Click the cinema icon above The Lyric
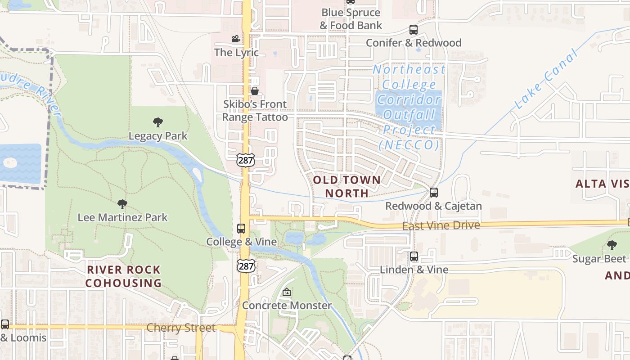coord(236,39)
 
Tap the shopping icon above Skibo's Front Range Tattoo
coord(255,91)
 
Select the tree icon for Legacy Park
coord(157,122)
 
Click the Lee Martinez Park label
coord(122,217)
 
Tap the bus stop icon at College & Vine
coord(241,229)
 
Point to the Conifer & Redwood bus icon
coord(414,30)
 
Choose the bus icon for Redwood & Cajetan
coord(434,193)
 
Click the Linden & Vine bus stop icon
coord(414,256)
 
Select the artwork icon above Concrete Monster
coord(287,292)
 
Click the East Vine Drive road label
coord(441,225)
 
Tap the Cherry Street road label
coord(181,328)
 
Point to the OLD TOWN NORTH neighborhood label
coord(346,186)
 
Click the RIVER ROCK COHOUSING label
coord(123,276)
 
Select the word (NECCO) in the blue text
coord(409,145)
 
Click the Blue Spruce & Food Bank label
coord(351,19)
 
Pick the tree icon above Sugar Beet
coord(612,245)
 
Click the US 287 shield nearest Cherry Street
coord(246,266)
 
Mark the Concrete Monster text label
coord(287,306)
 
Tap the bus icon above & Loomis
coord(5,324)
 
